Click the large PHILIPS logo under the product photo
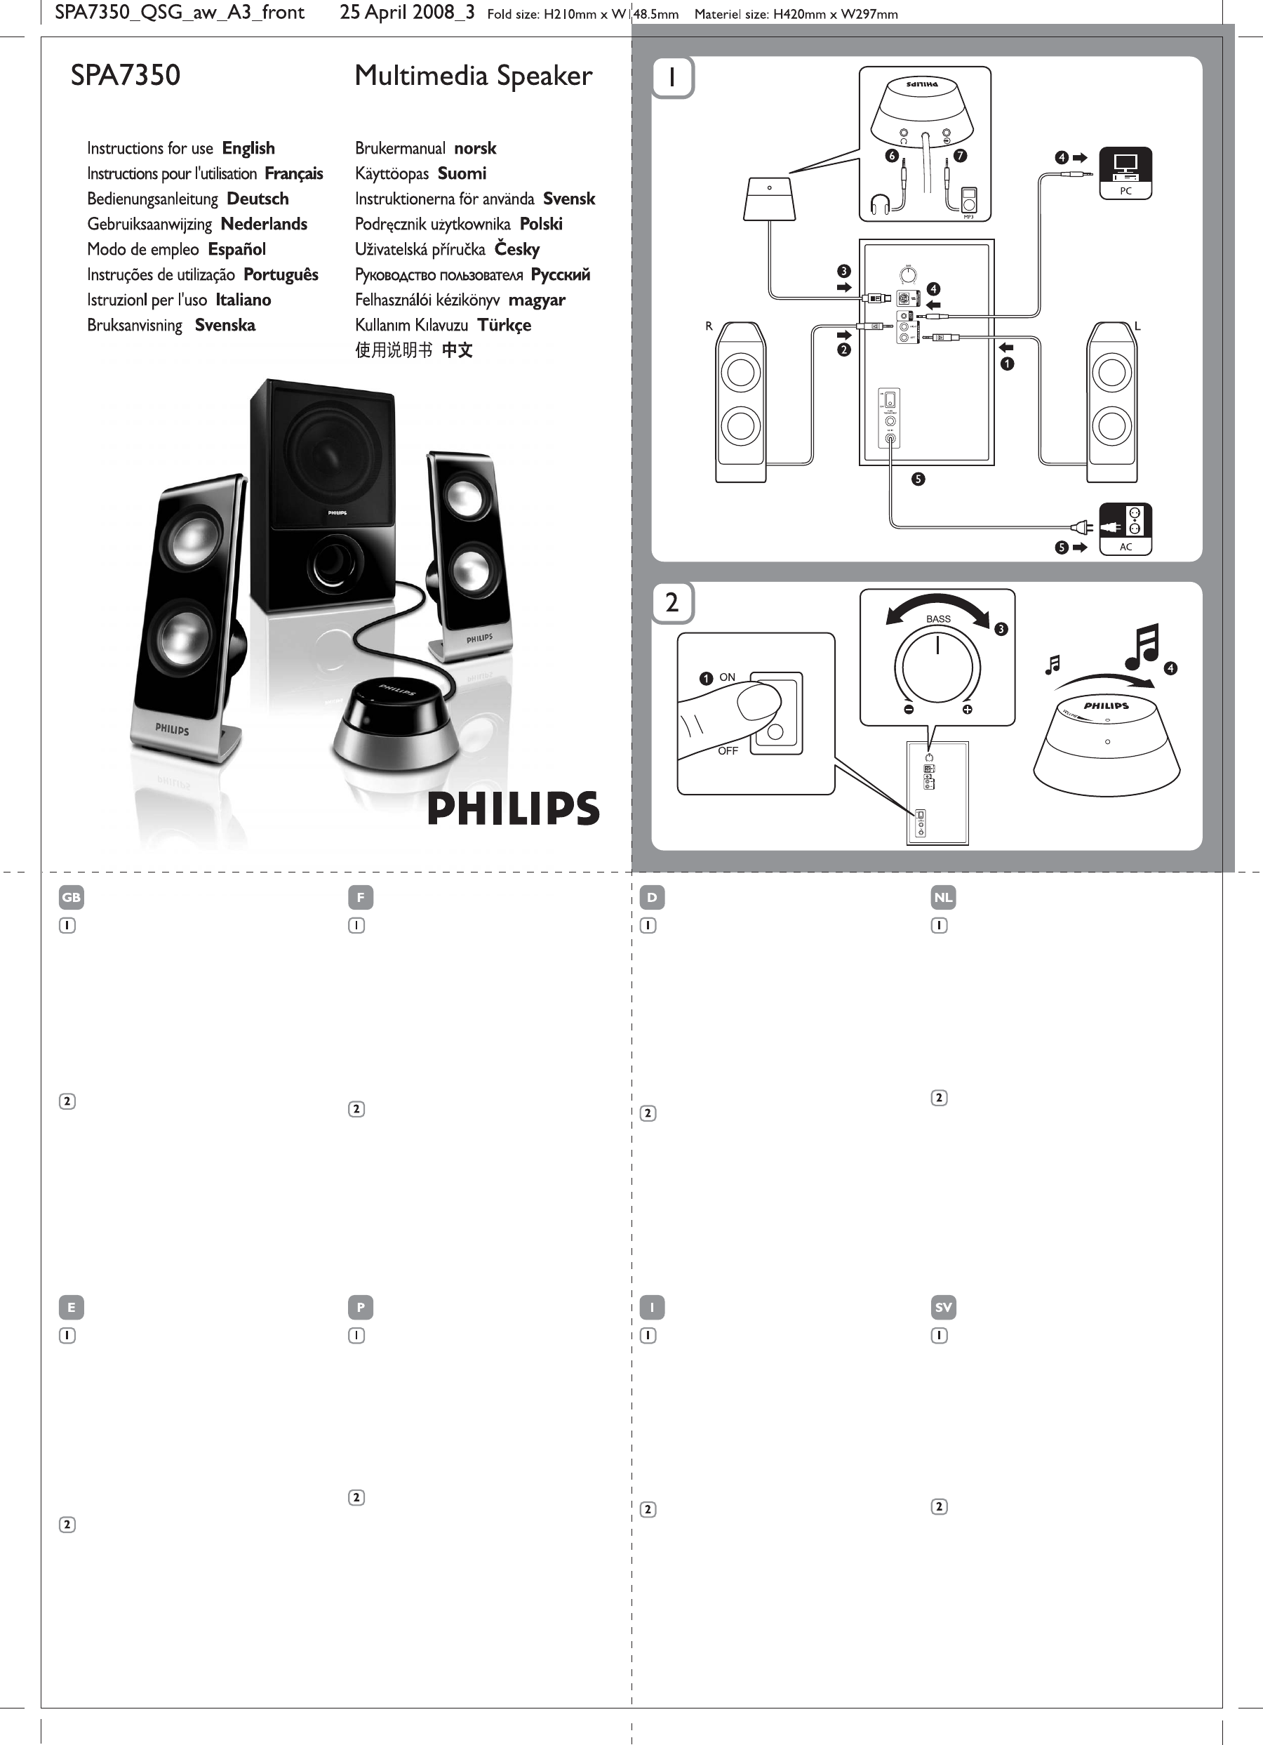point(513,808)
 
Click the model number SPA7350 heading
point(126,75)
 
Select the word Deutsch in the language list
point(258,199)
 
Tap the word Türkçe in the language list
point(504,325)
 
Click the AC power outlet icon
point(1125,527)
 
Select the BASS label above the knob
point(937,618)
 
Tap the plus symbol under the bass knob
point(967,710)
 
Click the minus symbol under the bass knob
point(909,710)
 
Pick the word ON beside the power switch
point(727,677)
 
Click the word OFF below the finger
point(728,751)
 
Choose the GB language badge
point(71,897)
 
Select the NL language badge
point(943,897)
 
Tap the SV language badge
point(943,1307)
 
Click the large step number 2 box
point(672,602)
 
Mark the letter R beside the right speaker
point(709,326)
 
